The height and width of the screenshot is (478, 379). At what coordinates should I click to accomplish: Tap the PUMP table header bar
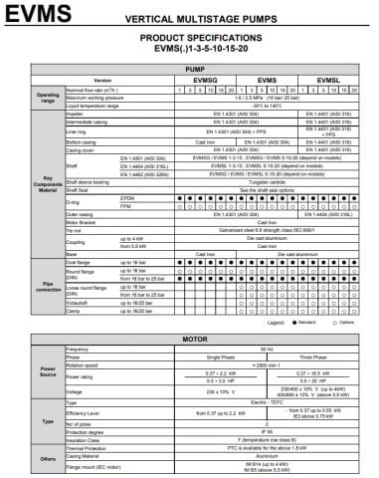pos(190,69)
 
